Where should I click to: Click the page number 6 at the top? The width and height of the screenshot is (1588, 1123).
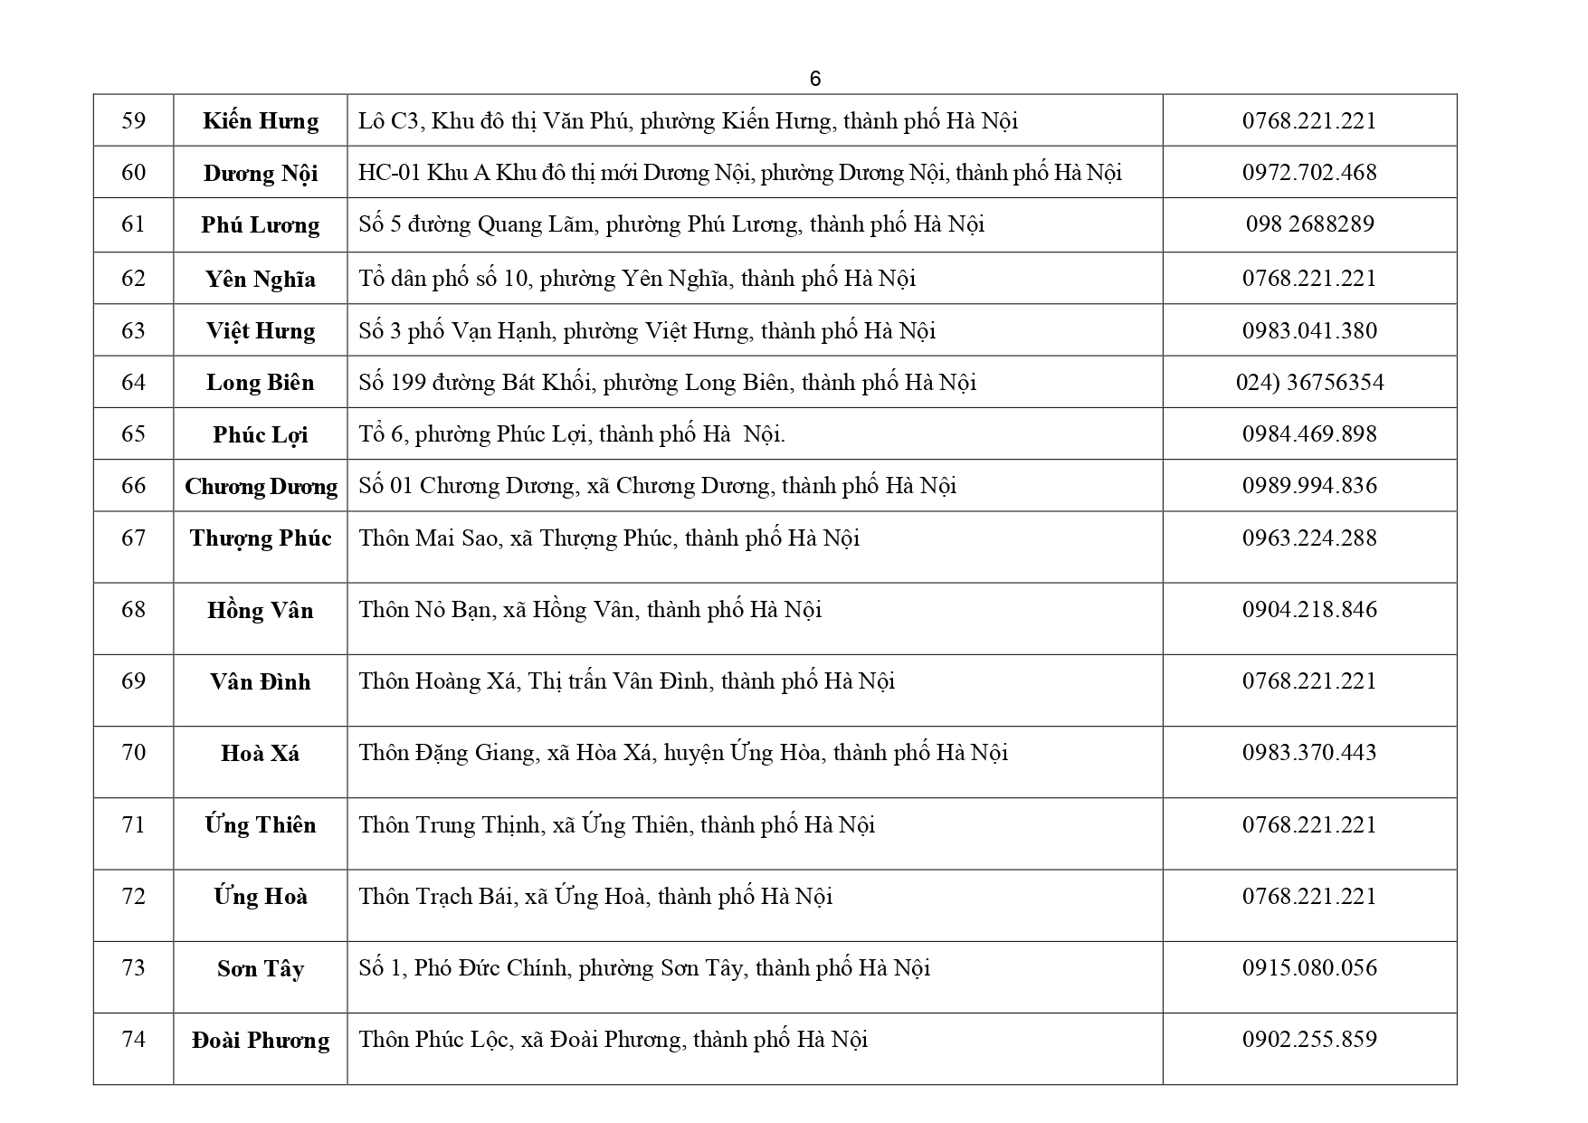pyautogui.click(x=814, y=79)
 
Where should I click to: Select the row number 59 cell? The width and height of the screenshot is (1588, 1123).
pyautogui.click(x=133, y=120)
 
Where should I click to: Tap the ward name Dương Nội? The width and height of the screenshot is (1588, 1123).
pyautogui.click(x=261, y=173)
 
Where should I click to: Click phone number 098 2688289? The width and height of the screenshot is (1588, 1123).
pyautogui.click(x=1309, y=224)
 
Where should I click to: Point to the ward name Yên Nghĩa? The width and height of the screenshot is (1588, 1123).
pyautogui.click(x=261, y=279)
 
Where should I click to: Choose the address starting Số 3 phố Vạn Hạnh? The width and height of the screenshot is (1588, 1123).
pyautogui.click(x=646, y=330)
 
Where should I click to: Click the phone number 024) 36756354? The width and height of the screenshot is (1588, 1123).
pyautogui.click(x=1309, y=382)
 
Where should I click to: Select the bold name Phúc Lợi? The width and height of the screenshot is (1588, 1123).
pyautogui.click(x=261, y=434)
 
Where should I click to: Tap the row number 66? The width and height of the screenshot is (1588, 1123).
pyautogui.click(x=133, y=486)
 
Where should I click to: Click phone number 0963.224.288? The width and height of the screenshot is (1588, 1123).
pyautogui.click(x=1309, y=538)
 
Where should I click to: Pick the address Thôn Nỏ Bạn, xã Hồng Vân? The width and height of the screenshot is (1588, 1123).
pyautogui.click(x=590, y=610)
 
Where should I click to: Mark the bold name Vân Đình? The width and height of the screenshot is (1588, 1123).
pyautogui.click(x=261, y=681)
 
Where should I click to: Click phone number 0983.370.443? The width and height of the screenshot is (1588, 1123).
pyautogui.click(x=1309, y=753)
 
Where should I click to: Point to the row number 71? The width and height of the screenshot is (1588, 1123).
pyautogui.click(x=133, y=824)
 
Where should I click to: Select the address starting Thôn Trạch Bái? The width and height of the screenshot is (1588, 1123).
pyautogui.click(x=595, y=897)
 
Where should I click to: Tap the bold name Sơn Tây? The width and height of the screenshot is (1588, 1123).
pyautogui.click(x=261, y=968)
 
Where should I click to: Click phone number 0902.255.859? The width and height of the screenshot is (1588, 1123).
pyautogui.click(x=1309, y=1039)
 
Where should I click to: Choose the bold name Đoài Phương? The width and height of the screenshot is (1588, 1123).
pyautogui.click(x=261, y=1040)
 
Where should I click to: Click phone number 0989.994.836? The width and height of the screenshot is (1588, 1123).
pyautogui.click(x=1309, y=486)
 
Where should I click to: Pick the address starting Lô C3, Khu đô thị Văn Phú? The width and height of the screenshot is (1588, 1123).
pyautogui.click(x=688, y=120)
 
